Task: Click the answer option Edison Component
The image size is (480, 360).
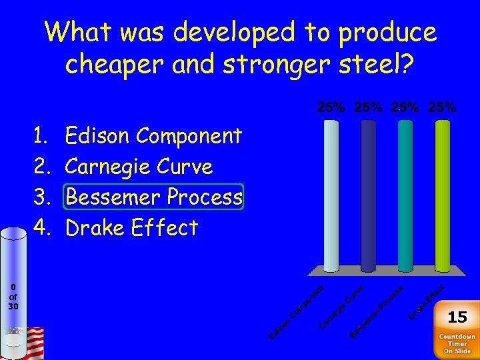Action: click(x=153, y=136)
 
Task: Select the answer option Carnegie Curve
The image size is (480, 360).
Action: click(x=139, y=167)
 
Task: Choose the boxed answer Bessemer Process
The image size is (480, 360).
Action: click(x=153, y=197)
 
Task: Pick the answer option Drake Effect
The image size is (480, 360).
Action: click(x=131, y=228)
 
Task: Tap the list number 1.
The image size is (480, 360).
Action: click(x=41, y=136)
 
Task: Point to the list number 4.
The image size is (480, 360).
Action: click(x=42, y=228)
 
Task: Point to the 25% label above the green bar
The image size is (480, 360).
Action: click(x=443, y=107)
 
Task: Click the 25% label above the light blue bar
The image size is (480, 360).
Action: click(x=331, y=107)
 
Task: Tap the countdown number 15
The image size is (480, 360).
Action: click(x=457, y=317)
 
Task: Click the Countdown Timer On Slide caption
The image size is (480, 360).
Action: click(x=457, y=343)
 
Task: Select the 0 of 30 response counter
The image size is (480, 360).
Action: click(x=13, y=297)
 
